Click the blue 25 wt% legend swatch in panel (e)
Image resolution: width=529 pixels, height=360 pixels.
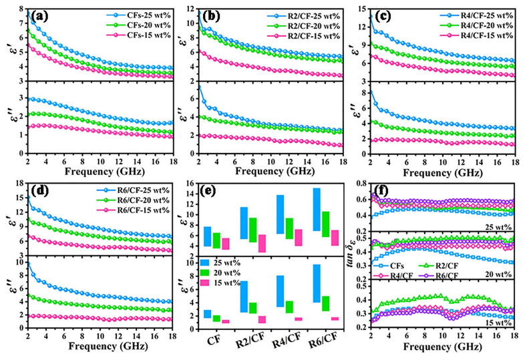(207, 263)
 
